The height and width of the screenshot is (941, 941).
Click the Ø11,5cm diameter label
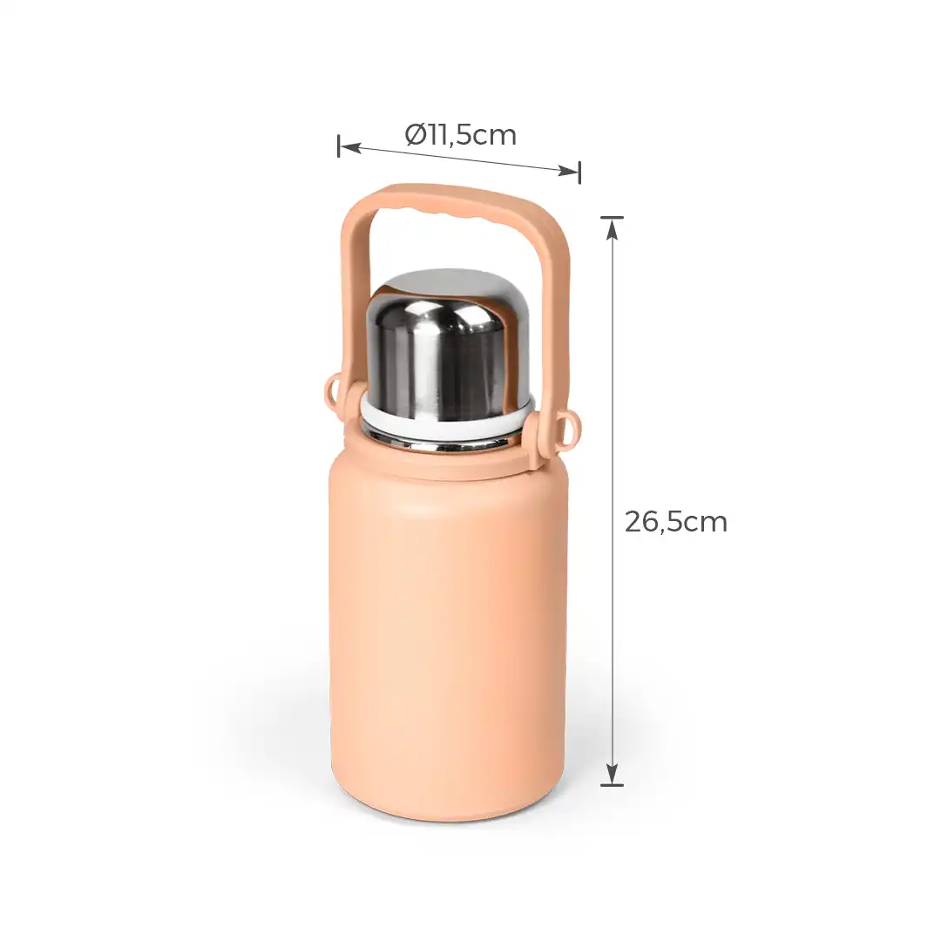coord(461,135)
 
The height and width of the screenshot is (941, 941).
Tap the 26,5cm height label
coord(675,522)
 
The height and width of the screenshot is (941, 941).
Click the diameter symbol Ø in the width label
coord(415,135)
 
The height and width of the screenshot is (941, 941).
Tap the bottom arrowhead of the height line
coord(613,775)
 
